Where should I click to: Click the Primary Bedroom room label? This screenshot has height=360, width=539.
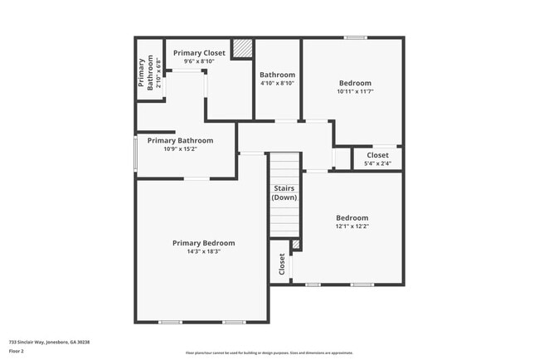tap(203, 243)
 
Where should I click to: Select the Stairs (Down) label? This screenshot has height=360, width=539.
tap(284, 193)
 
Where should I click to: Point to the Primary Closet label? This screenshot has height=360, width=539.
tap(199, 53)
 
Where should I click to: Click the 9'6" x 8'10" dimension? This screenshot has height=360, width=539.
tap(199, 61)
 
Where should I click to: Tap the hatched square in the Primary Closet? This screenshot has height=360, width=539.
tap(241, 49)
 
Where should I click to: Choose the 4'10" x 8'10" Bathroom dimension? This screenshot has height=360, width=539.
tap(278, 83)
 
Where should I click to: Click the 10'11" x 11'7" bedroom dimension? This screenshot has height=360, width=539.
tap(355, 91)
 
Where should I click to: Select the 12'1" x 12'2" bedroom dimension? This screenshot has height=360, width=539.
tap(352, 226)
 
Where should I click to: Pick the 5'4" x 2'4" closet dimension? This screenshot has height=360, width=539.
tap(377, 163)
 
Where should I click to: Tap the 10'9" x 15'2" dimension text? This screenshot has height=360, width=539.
tap(180, 150)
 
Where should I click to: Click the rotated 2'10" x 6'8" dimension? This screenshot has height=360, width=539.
tap(158, 72)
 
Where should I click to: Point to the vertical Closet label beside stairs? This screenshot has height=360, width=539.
tap(282, 265)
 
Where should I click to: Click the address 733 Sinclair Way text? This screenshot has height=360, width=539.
tap(49, 342)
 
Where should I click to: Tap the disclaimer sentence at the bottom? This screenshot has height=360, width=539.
tap(269, 353)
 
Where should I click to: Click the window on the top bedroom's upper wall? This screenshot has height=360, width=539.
tap(356, 37)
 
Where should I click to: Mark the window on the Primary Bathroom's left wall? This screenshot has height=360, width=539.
tap(136, 153)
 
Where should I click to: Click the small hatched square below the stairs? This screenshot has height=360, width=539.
tap(295, 245)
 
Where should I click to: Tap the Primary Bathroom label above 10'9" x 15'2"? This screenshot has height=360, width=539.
tap(180, 141)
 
